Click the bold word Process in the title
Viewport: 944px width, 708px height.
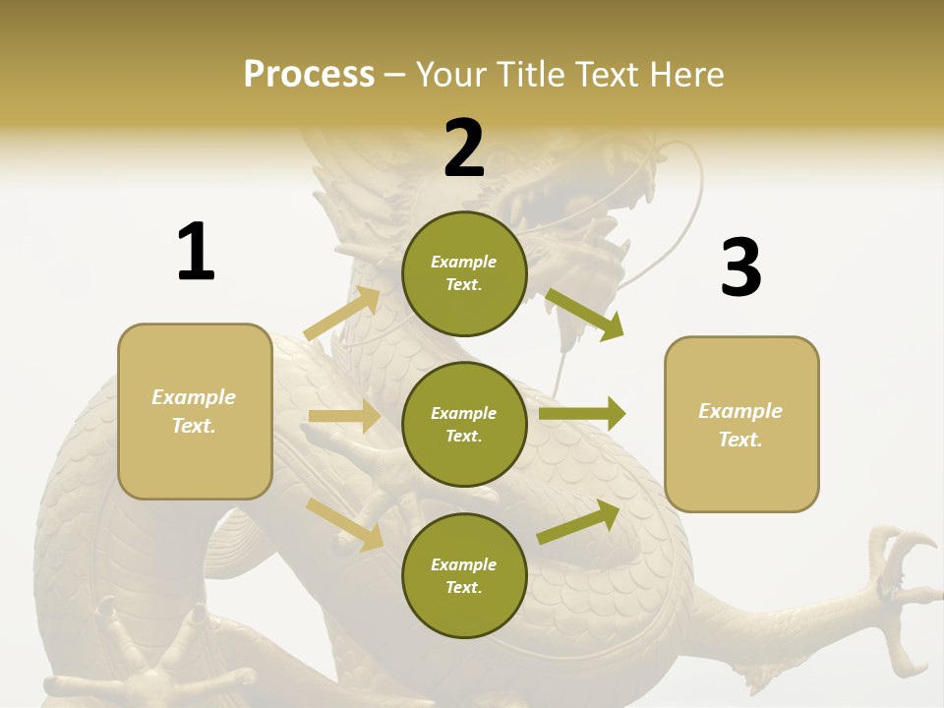(309, 75)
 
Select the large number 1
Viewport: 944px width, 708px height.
(196, 252)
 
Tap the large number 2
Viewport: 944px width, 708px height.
(464, 148)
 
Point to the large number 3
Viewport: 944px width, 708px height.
(740, 268)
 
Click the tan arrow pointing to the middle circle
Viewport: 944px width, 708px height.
(344, 417)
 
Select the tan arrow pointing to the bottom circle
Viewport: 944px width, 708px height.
(345, 524)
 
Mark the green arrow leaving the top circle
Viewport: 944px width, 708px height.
(586, 315)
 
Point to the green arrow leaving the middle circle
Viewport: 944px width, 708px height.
(582, 414)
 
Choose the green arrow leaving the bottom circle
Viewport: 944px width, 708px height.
(579, 521)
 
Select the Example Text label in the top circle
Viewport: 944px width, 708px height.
(464, 273)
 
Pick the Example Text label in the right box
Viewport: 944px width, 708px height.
(740, 425)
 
